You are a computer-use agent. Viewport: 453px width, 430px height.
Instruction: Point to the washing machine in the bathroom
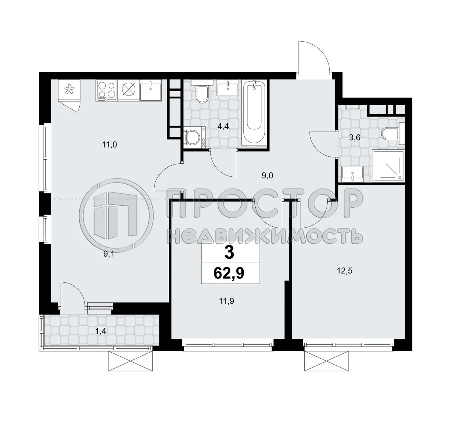(195, 138)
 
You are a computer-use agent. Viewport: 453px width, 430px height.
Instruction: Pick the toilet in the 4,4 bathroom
(202, 92)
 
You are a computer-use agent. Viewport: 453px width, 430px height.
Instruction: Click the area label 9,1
(109, 254)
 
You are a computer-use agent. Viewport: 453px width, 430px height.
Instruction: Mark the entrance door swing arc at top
(315, 55)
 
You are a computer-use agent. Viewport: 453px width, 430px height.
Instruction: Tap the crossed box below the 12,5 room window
(327, 361)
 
